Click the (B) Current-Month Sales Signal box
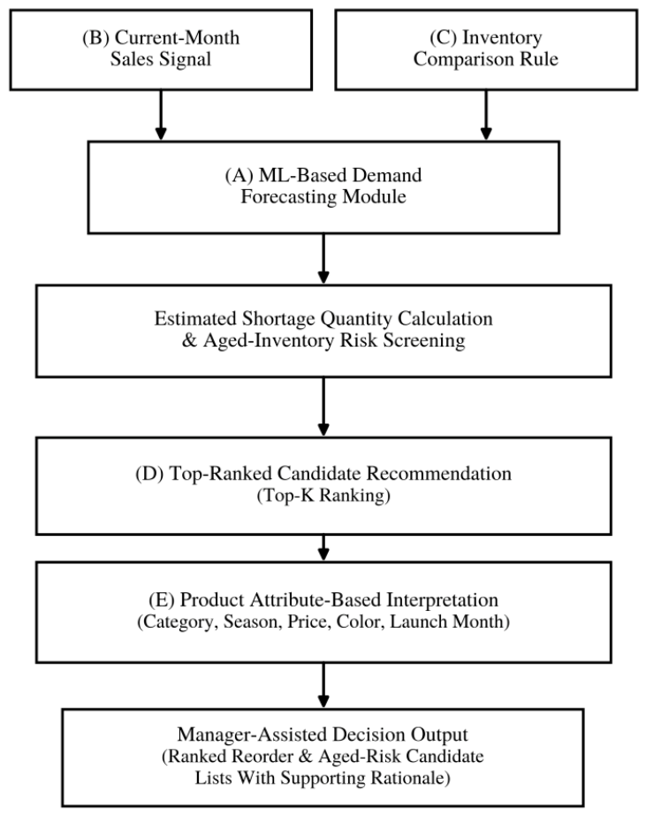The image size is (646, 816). click(161, 50)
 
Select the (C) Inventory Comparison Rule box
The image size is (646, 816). click(486, 50)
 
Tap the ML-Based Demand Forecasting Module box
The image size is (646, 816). click(323, 187)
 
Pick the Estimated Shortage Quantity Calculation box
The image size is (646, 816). click(323, 331)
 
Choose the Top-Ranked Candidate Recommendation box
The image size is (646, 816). click(323, 486)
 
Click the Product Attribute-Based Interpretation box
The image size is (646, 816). click(323, 612)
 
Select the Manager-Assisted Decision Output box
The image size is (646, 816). click(323, 758)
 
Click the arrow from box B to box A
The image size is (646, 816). click(161, 116)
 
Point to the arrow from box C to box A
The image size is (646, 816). click(486, 116)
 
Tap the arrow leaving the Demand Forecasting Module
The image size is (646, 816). click(323, 259)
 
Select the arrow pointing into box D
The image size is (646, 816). click(323, 407)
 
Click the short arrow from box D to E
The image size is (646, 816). click(323, 548)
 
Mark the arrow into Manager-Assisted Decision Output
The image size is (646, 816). click(323, 686)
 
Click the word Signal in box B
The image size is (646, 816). click(186, 60)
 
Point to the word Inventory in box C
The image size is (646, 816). click(502, 39)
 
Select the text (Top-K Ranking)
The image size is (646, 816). click(323, 495)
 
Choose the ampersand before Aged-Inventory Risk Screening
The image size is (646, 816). click(189, 341)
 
